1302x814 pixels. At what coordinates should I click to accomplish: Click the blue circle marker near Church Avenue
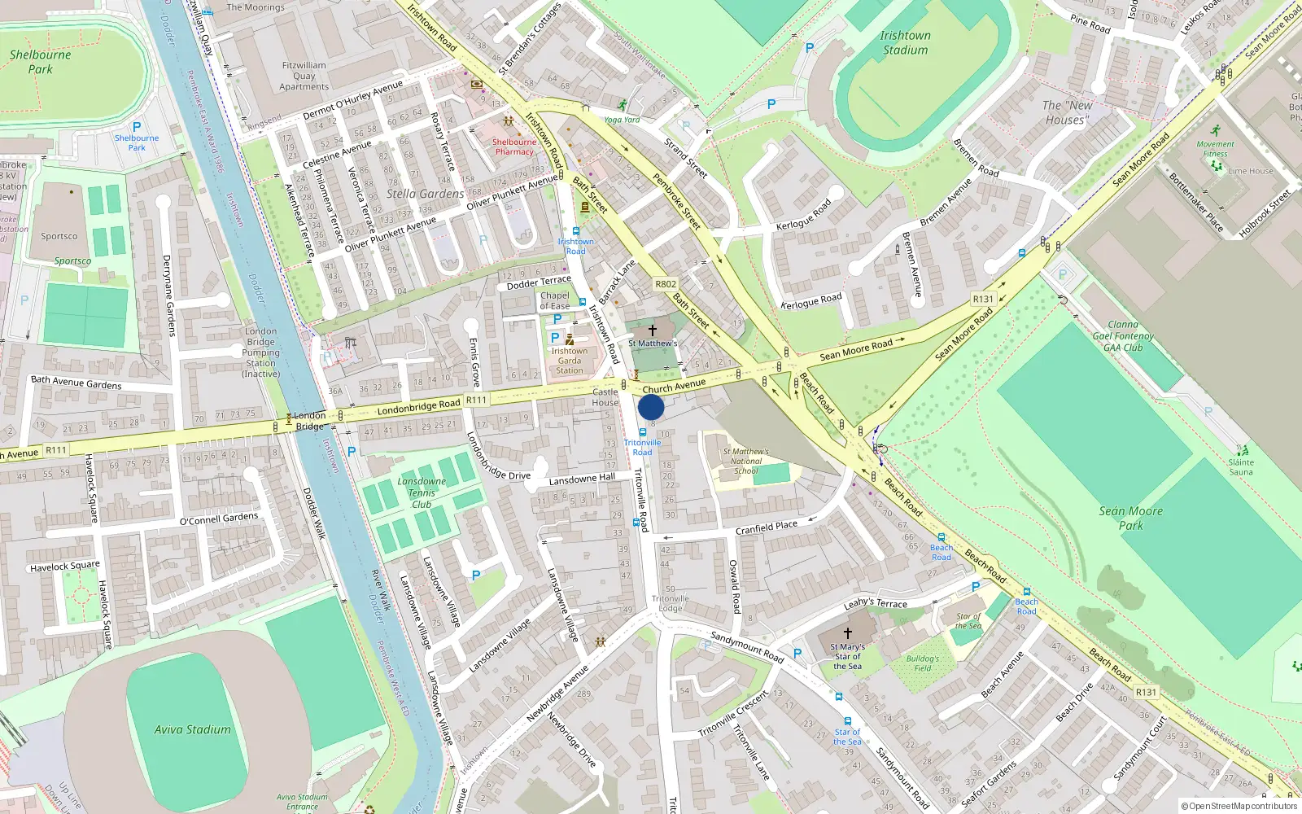click(x=651, y=407)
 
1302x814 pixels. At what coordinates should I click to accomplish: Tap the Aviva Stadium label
click(x=193, y=729)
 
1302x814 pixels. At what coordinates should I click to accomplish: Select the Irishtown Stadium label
click(x=905, y=42)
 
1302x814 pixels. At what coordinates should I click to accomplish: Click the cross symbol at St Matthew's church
click(x=652, y=330)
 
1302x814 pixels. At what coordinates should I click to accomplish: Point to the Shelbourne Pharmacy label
click(x=514, y=147)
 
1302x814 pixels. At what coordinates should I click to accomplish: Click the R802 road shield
click(x=666, y=284)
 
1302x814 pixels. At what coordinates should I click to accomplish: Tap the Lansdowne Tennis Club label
click(x=422, y=492)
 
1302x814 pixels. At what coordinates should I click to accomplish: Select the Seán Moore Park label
click(x=1131, y=518)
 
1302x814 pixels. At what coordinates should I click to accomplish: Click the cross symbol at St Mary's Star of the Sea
click(x=847, y=632)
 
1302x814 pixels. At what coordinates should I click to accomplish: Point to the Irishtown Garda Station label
click(x=570, y=361)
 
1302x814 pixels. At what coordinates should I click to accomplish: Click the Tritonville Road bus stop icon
click(x=643, y=432)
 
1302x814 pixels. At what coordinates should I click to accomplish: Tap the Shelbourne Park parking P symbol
click(x=137, y=127)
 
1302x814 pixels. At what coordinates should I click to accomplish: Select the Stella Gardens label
click(x=425, y=194)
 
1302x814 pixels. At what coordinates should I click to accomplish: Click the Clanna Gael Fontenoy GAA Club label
click(x=1123, y=335)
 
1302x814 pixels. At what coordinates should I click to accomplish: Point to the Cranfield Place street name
click(x=767, y=527)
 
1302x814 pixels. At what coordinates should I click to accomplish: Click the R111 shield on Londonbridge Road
click(x=476, y=400)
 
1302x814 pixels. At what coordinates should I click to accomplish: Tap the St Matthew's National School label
click(x=745, y=461)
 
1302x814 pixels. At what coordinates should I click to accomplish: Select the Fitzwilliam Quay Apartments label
click(x=304, y=76)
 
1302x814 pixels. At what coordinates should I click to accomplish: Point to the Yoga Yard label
click(x=622, y=120)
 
